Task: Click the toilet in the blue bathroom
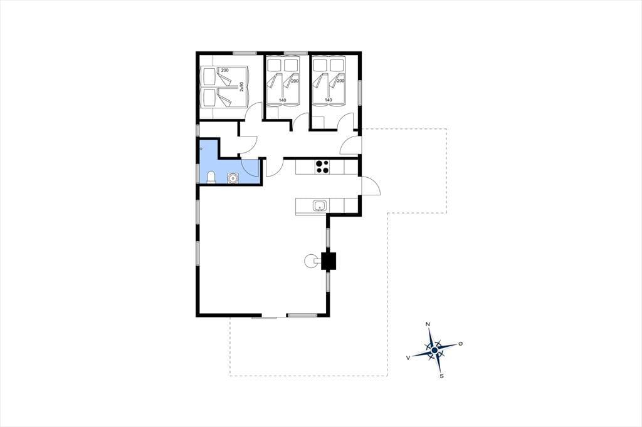(211, 177)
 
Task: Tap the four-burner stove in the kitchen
(322, 167)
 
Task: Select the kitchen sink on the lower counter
(320, 206)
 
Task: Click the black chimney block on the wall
(329, 261)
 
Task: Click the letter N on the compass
(428, 324)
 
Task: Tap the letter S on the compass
(441, 376)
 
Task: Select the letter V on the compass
(408, 358)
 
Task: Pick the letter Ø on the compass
(460, 344)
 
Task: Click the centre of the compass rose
(435, 350)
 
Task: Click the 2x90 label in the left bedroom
(241, 86)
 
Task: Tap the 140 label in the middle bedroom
(283, 100)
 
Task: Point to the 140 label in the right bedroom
(329, 100)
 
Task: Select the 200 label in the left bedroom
(225, 70)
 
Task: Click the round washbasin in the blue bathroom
(233, 178)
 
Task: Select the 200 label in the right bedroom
(340, 81)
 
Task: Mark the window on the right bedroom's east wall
(360, 93)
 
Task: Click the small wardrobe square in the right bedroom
(318, 122)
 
